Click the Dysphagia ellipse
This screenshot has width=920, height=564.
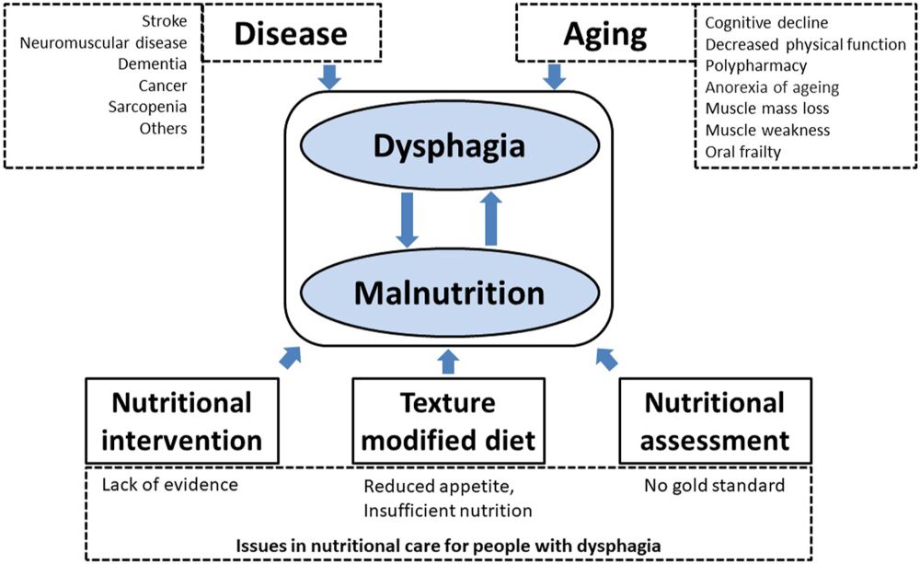[450, 145]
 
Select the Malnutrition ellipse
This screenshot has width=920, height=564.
[450, 293]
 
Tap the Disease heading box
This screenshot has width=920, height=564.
[291, 33]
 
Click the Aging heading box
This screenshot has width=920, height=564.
[605, 33]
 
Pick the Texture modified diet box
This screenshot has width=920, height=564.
[448, 420]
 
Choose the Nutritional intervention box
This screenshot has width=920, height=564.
[182, 420]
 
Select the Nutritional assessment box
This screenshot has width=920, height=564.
[715, 420]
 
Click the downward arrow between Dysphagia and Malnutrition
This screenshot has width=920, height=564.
[407, 220]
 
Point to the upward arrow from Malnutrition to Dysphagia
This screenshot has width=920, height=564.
[491, 219]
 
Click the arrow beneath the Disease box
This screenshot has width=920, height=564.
[329, 77]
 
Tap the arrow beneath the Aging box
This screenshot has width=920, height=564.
[555, 77]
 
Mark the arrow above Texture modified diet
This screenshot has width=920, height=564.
[448, 362]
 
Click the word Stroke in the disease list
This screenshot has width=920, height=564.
[165, 21]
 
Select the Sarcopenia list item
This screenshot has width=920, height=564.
[147, 108]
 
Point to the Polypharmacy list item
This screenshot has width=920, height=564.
[755, 65]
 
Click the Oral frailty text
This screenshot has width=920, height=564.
[742, 152]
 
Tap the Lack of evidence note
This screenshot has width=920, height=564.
[169, 485]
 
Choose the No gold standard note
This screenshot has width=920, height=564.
[714, 486]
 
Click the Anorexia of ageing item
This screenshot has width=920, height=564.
[772, 87]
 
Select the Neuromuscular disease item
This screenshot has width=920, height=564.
[103, 43]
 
